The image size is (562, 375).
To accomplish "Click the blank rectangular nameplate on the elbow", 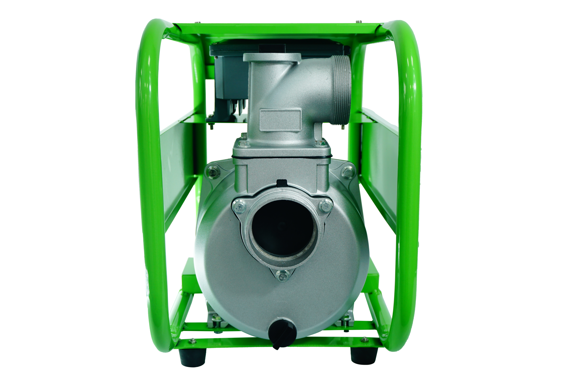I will click(280, 120).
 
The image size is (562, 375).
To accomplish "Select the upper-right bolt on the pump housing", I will click(346, 171).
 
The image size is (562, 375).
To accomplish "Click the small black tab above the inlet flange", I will click(282, 183).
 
